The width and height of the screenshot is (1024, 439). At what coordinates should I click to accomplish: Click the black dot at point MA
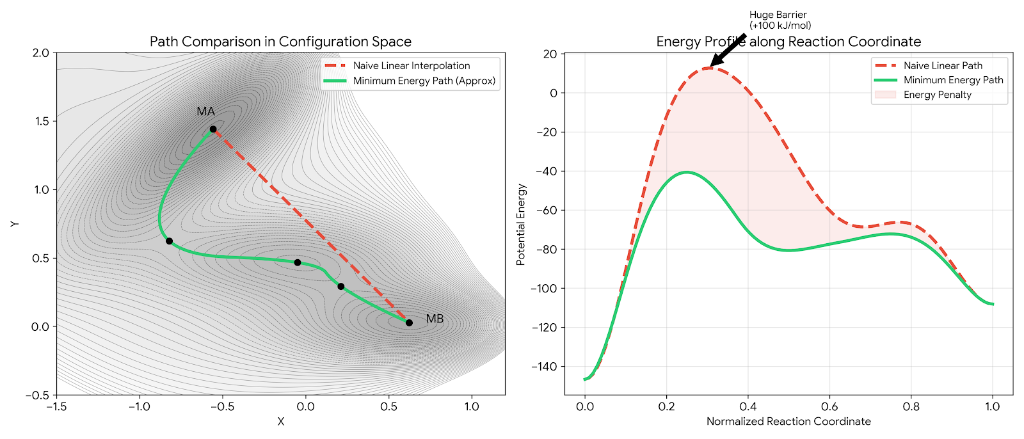point(213,129)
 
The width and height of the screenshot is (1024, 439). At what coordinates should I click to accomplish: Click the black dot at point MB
point(409,323)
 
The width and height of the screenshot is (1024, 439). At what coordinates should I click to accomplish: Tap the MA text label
point(205,111)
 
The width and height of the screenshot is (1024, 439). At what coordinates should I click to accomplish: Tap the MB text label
point(435,319)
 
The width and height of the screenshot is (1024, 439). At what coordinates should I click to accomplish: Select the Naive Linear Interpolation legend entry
point(411,66)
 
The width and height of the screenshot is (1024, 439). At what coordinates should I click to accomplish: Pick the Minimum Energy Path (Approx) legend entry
point(424,81)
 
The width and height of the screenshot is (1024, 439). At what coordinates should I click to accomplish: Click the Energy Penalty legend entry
point(937,95)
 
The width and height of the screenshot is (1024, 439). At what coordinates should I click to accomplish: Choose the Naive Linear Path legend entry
point(942,65)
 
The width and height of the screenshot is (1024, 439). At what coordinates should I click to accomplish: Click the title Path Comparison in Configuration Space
point(280,42)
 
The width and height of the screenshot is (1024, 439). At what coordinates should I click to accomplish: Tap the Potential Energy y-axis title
point(521,225)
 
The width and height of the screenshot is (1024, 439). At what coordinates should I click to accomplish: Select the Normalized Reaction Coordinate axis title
point(788,421)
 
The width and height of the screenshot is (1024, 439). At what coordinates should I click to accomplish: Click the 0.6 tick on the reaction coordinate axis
point(829,406)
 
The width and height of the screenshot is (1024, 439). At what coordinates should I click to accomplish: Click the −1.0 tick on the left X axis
point(139,406)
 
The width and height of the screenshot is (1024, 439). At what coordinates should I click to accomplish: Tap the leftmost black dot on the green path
point(169,241)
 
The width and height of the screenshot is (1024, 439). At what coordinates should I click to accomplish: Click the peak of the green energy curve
point(687,172)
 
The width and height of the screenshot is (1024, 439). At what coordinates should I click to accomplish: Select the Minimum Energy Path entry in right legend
point(953,80)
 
